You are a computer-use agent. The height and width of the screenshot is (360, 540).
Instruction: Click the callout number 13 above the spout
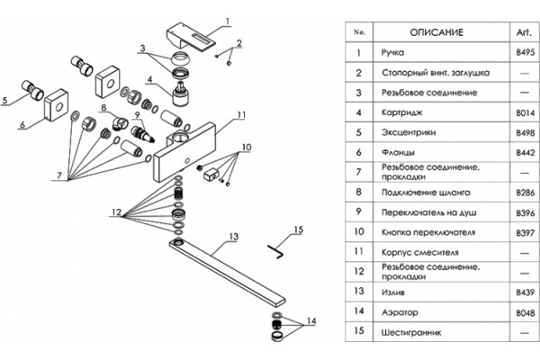[x=234, y=237]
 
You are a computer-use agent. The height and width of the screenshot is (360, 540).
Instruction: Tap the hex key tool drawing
[x=275, y=251]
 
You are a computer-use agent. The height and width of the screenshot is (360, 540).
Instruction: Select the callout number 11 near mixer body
[x=242, y=114]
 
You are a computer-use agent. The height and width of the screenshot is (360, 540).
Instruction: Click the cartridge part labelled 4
[x=181, y=94]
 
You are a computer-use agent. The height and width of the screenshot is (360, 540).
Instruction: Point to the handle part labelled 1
[x=191, y=36]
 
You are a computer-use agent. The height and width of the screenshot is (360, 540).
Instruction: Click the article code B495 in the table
[x=526, y=52]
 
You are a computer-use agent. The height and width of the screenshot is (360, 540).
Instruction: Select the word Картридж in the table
[x=401, y=112]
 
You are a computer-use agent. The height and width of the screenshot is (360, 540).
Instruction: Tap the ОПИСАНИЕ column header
[x=436, y=32]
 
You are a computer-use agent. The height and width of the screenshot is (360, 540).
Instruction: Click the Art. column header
[x=524, y=32]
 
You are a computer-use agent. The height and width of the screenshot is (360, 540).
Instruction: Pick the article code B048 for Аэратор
[x=526, y=313]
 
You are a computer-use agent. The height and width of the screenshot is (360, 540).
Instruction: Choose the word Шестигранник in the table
[x=411, y=333]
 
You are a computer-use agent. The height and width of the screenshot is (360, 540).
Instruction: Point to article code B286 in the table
[x=526, y=193]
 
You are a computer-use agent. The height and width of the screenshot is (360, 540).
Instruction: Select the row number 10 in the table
[x=358, y=231]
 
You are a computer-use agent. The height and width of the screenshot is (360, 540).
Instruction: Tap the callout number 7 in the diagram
[x=59, y=175]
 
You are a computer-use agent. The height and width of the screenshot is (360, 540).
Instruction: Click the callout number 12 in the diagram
[x=117, y=211]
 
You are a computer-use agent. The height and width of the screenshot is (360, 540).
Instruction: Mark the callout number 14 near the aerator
[x=311, y=321]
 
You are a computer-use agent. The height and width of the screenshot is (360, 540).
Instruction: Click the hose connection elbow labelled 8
[x=120, y=123]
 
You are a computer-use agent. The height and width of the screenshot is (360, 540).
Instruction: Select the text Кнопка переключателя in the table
[x=428, y=232]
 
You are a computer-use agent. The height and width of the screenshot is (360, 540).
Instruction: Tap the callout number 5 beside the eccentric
[x=4, y=100]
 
